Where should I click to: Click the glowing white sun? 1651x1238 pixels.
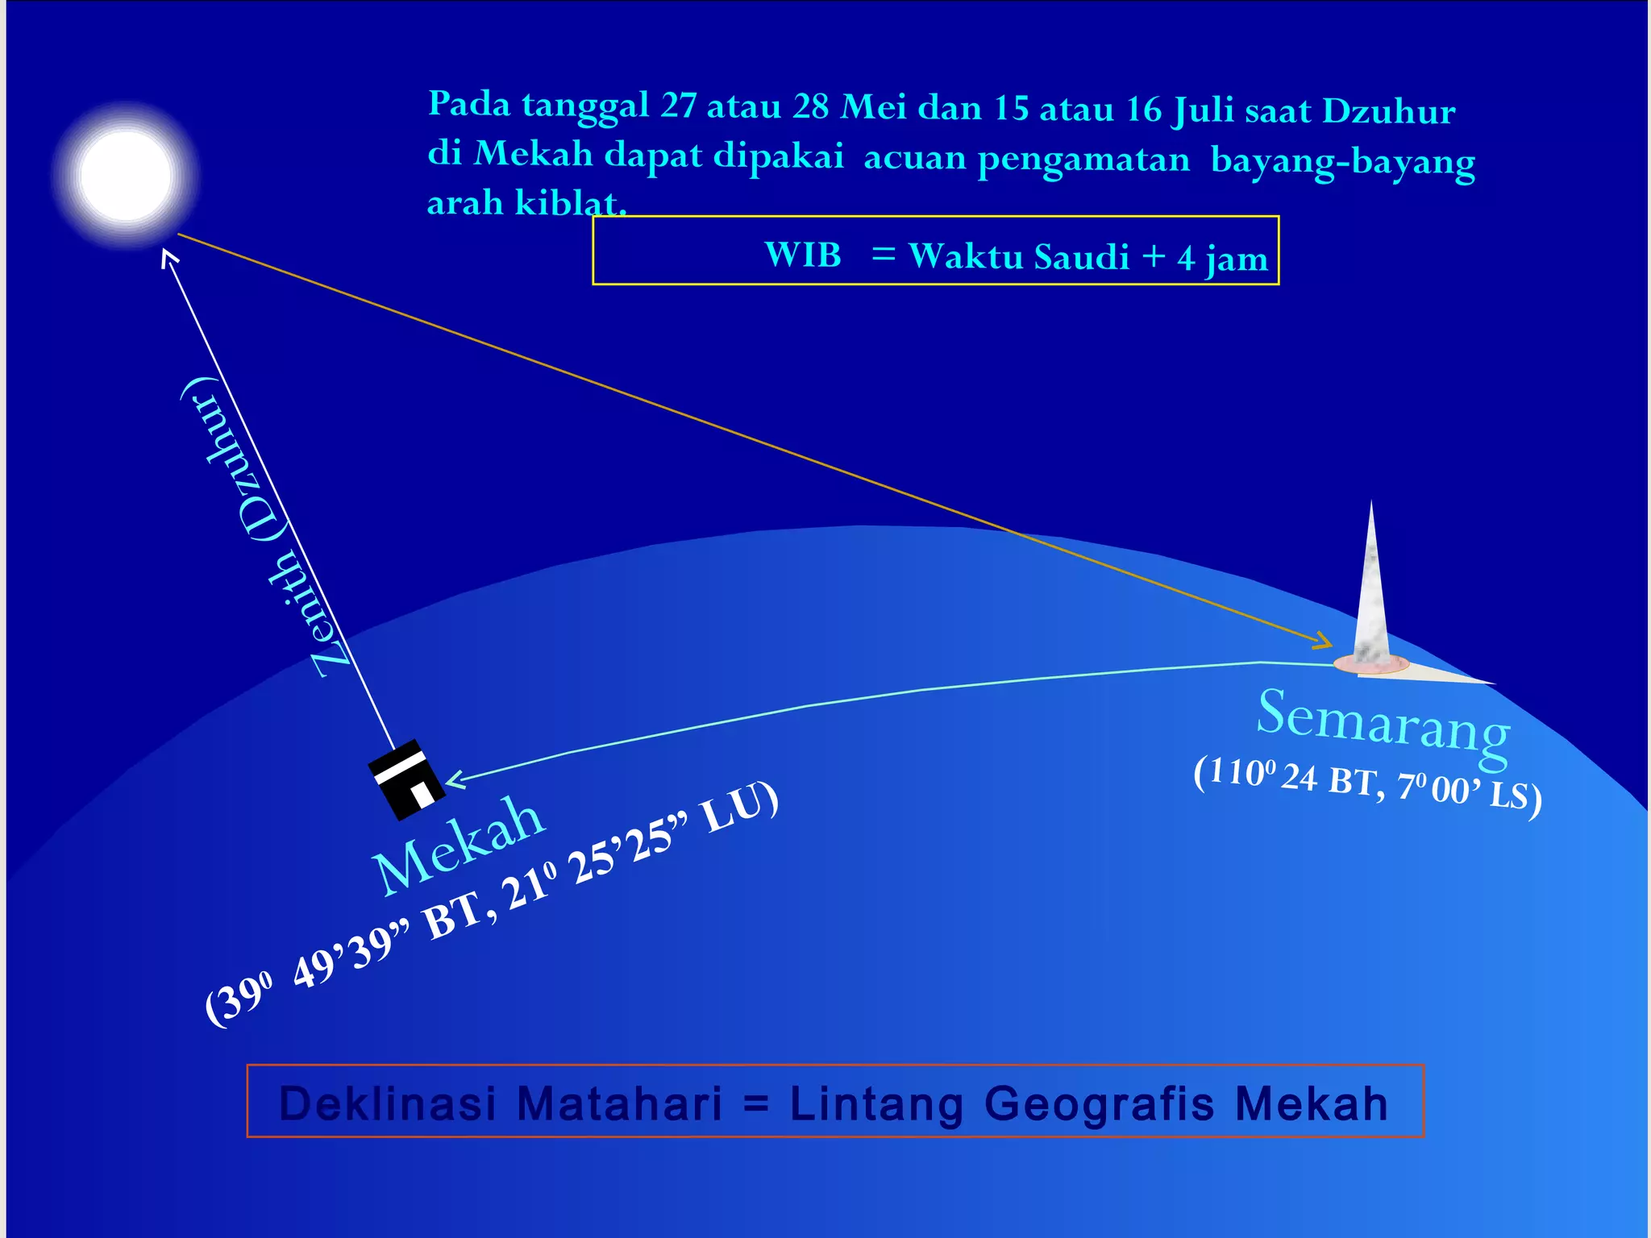(x=127, y=175)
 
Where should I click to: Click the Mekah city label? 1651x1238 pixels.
(x=458, y=845)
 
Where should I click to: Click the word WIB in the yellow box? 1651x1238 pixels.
(x=803, y=255)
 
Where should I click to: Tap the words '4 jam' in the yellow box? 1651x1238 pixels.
(x=1222, y=258)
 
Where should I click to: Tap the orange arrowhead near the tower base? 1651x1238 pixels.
(x=1323, y=642)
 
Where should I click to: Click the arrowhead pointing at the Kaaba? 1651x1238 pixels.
(x=455, y=779)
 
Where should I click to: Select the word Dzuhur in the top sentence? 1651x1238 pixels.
(x=1388, y=111)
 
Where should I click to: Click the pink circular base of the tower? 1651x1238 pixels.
(x=1370, y=665)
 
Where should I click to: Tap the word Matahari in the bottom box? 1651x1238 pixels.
(x=619, y=1103)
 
